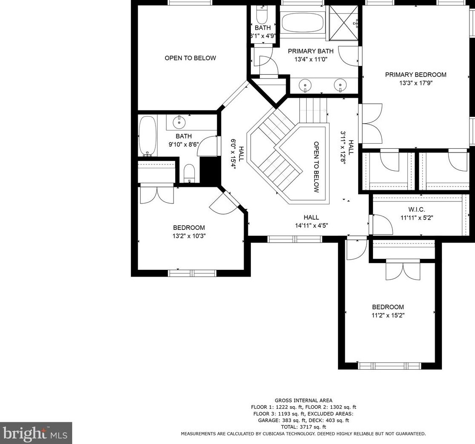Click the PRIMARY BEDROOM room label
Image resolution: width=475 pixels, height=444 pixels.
click(x=415, y=75)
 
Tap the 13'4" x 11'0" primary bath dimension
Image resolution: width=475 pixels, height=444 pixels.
click(x=311, y=59)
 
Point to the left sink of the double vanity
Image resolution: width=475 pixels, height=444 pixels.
click(x=305, y=85)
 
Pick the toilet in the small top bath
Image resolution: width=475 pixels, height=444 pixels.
click(x=261, y=13)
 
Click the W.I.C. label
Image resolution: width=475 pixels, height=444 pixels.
click(x=417, y=209)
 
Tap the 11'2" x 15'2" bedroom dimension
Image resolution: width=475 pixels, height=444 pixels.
click(x=388, y=315)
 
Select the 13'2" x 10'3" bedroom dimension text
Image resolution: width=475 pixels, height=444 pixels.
click(x=189, y=236)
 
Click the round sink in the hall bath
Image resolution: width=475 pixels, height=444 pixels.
click(x=179, y=122)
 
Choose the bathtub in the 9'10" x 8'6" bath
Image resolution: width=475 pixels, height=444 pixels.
click(x=148, y=136)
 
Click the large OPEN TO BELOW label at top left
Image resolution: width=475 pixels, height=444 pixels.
click(x=190, y=58)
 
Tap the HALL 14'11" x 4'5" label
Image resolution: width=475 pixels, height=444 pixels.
click(x=311, y=221)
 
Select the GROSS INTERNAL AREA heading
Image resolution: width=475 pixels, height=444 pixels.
click(x=303, y=400)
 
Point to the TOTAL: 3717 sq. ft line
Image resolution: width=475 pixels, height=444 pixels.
click(x=303, y=427)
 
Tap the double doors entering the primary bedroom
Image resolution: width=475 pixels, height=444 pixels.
click(x=371, y=124)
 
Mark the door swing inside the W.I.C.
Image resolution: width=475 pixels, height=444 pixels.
click(x=382, y=224)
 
